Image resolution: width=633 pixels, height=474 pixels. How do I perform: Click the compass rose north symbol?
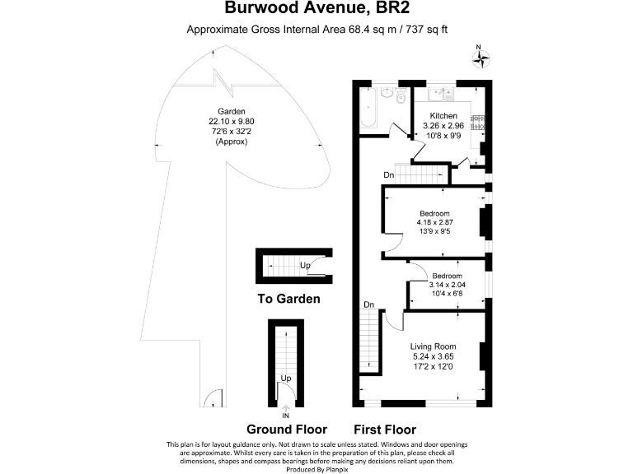click(481, 58)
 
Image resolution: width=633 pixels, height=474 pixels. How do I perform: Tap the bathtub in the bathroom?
click(368, 109)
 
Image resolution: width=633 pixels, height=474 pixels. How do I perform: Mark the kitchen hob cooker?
click(477, 122)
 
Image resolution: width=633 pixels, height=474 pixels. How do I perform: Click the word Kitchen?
click(443, 116)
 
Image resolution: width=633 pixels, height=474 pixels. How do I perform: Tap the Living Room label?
click(434, 346)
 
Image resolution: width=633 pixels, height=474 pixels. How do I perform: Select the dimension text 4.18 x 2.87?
click(434, 222)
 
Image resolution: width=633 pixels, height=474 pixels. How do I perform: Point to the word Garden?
click(228, 112)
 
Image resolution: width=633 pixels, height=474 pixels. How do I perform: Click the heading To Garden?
click(288, 300)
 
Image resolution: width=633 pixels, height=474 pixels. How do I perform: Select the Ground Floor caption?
click(287, 430)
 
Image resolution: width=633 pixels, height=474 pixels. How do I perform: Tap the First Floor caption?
click(384, 430)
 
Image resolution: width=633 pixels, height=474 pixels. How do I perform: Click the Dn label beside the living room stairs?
click(368, 305)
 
